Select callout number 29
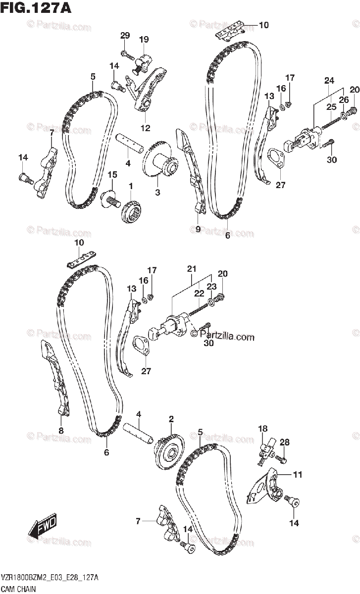(125, 35)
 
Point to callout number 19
(144, 39)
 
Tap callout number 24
(329, 81)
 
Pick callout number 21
(192, 269)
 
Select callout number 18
(262, 428)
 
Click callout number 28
(285, 443)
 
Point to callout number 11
(297, 475)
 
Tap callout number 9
(198, 229)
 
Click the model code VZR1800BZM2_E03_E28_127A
(50, 577)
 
